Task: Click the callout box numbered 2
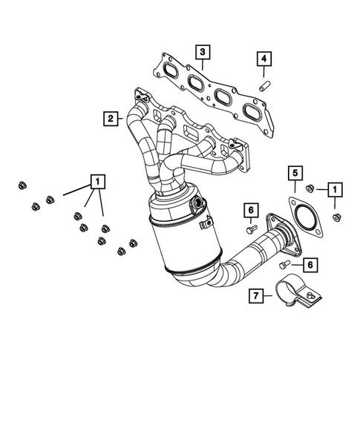click(110, 117)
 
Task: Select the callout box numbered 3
click(202, 52)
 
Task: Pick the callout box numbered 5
click(295, 174)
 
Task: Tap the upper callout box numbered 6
click(251, 211)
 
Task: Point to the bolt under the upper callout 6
click(251, 229)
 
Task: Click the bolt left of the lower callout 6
click(285, 263)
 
